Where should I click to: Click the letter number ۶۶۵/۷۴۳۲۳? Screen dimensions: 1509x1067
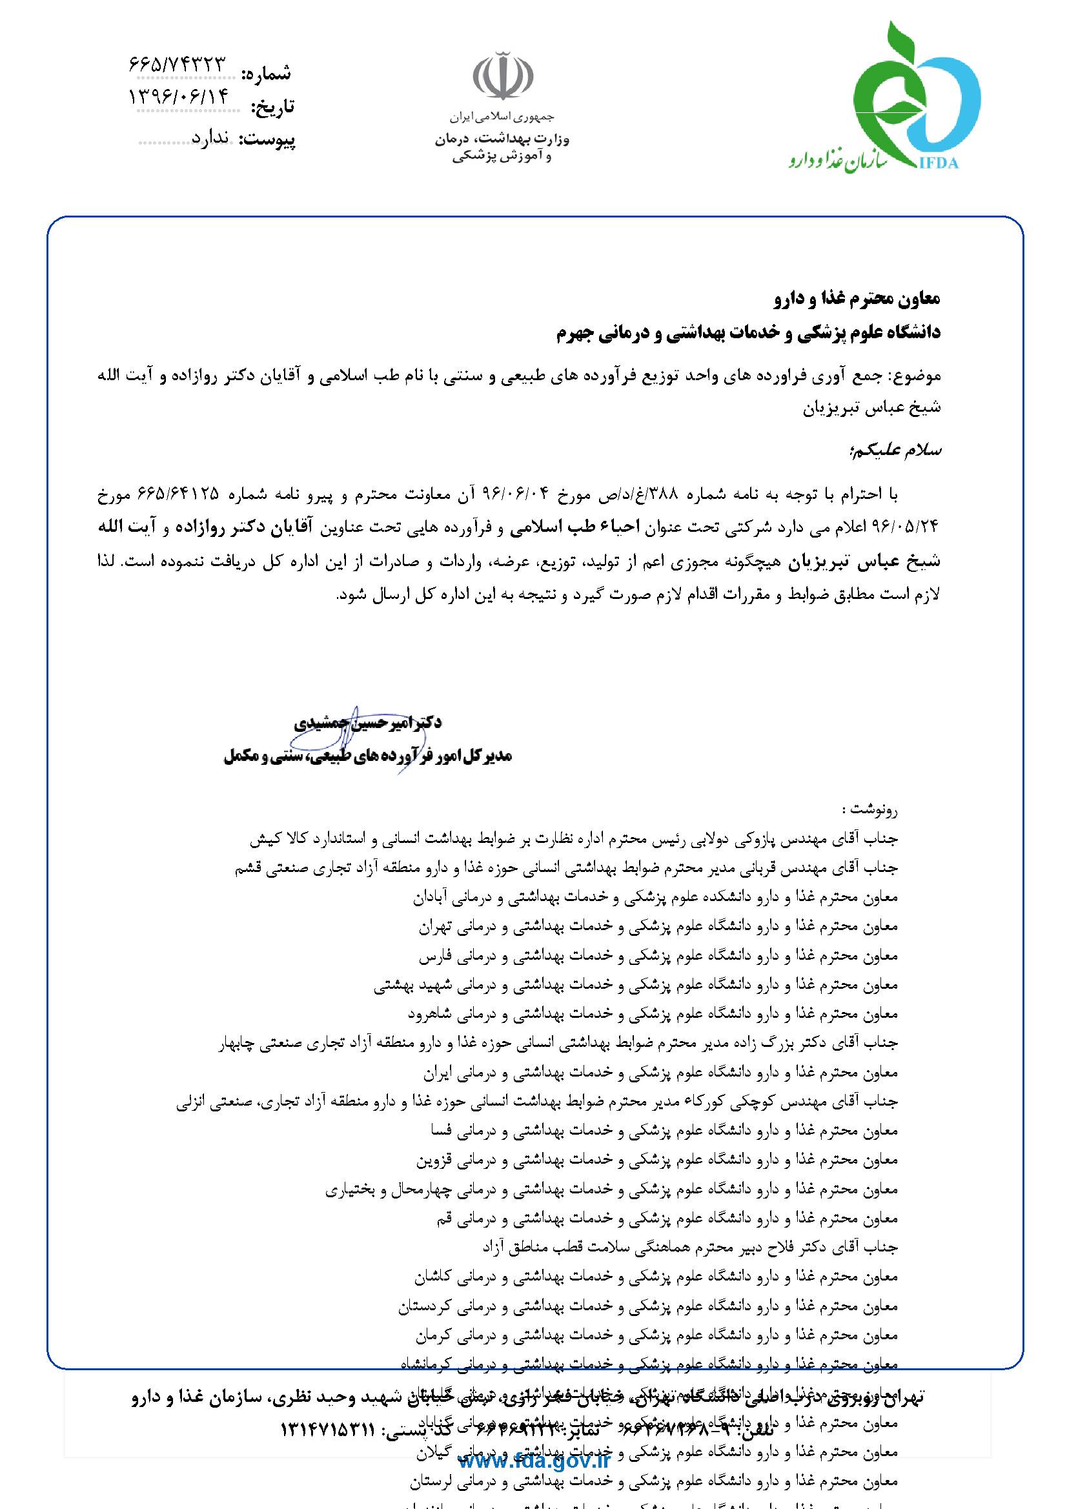177,65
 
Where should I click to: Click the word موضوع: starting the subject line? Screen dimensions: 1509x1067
915,376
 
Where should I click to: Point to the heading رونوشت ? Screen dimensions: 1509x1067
874,807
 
